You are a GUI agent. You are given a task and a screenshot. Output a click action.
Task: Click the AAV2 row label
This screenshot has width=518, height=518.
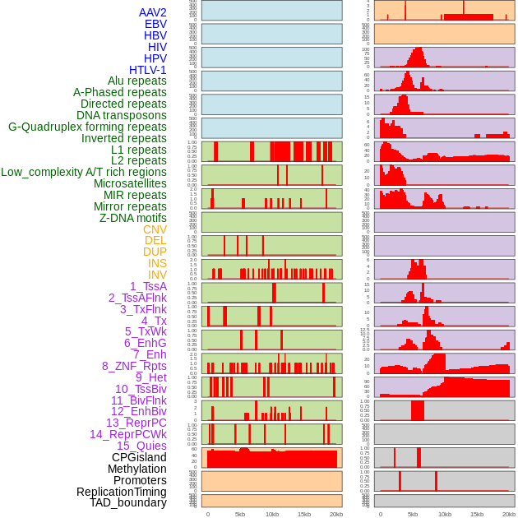click(x=152, y=12)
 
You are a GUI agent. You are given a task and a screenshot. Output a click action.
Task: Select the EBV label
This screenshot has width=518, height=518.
click(x=155, y=24)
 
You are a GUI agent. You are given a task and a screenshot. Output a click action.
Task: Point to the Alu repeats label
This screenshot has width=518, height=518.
click(x=136, y=81)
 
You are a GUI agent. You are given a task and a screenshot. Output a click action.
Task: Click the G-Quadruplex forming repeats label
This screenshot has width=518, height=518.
click(x=87, y=127)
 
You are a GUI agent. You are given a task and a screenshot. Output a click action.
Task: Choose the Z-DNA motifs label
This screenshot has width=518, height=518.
click(x=132, y=218)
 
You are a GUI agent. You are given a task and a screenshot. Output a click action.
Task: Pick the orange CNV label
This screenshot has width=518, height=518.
click(x=155, y=229)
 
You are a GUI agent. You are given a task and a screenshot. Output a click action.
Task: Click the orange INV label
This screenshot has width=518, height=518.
click(x=157, y=275)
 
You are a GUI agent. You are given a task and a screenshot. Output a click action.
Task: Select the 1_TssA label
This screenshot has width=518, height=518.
click(x=148, y=286)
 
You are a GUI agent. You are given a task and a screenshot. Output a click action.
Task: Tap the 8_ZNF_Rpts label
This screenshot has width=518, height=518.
click(x=134, y=366)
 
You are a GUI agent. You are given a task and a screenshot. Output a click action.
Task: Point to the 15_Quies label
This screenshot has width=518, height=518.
click(x=141, y=446)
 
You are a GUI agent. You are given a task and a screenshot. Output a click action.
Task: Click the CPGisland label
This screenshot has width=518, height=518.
click(x=139, y=457)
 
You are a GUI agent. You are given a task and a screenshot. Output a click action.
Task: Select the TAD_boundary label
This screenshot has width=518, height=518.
click(x=127, y=502)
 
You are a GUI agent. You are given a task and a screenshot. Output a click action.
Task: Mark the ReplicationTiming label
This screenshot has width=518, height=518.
click(x=121, y=492)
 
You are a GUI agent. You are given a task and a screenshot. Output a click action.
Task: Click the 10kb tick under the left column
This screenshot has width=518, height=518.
click(x=272, y=514)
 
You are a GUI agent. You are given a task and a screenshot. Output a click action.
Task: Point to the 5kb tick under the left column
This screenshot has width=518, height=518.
click(x=240, y=514)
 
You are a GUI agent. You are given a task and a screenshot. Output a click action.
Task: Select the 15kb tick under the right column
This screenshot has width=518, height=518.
click(x=477, y=514)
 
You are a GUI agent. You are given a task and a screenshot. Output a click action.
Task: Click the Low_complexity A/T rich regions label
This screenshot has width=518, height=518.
click(x=84, y=172)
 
